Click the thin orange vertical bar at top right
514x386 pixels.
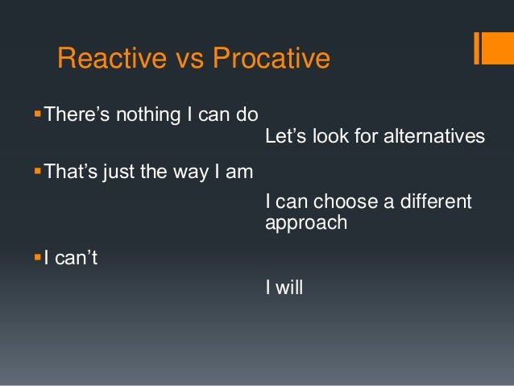pyautogui.click(x=476, y=48)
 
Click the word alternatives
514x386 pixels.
pyautogui.click(x=434, y=136)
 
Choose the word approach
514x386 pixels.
pyautogui.click(x=305, y=222)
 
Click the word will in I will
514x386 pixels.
pyautogui.click(x=289, y=286)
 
